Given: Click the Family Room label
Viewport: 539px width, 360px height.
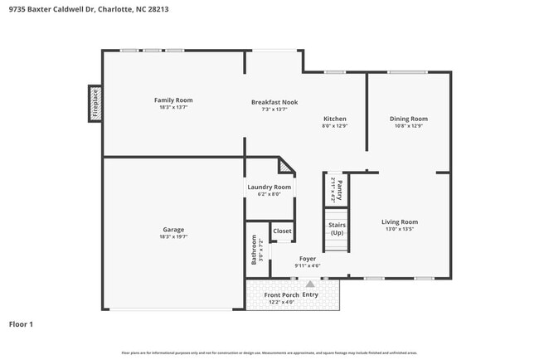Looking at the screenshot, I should [x=173, y=100].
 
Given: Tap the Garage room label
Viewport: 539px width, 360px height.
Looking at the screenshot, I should [x=173, y=230].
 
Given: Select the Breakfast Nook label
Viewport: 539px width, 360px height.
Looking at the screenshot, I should [x=274, y=102].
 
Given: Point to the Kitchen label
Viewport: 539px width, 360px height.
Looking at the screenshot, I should [x=334, y=119].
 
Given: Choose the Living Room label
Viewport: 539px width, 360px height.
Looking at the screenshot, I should [x=399, y=221].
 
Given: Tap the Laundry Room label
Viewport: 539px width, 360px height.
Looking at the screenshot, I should [x=269, y=187].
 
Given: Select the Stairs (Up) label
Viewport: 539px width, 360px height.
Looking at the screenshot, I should [x=337, y=229].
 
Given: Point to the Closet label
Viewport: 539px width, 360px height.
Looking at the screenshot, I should [x=283, y=231].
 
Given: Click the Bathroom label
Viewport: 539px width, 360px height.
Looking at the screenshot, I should [x=255, y=250].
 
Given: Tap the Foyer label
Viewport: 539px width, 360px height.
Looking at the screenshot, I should [x=308, y=259].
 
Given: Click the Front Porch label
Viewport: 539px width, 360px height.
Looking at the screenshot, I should [x=282, y=295].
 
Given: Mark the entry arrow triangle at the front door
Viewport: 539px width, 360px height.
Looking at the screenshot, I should [x=310, y=284].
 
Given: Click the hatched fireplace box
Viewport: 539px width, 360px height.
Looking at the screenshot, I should [x=95, y=104].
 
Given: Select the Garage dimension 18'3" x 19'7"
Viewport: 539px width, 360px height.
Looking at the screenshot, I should [x=173, y=236].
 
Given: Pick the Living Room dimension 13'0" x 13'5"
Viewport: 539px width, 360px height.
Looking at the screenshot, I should [x=399, y=229].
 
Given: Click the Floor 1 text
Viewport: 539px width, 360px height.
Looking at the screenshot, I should [x=22, y=324].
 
